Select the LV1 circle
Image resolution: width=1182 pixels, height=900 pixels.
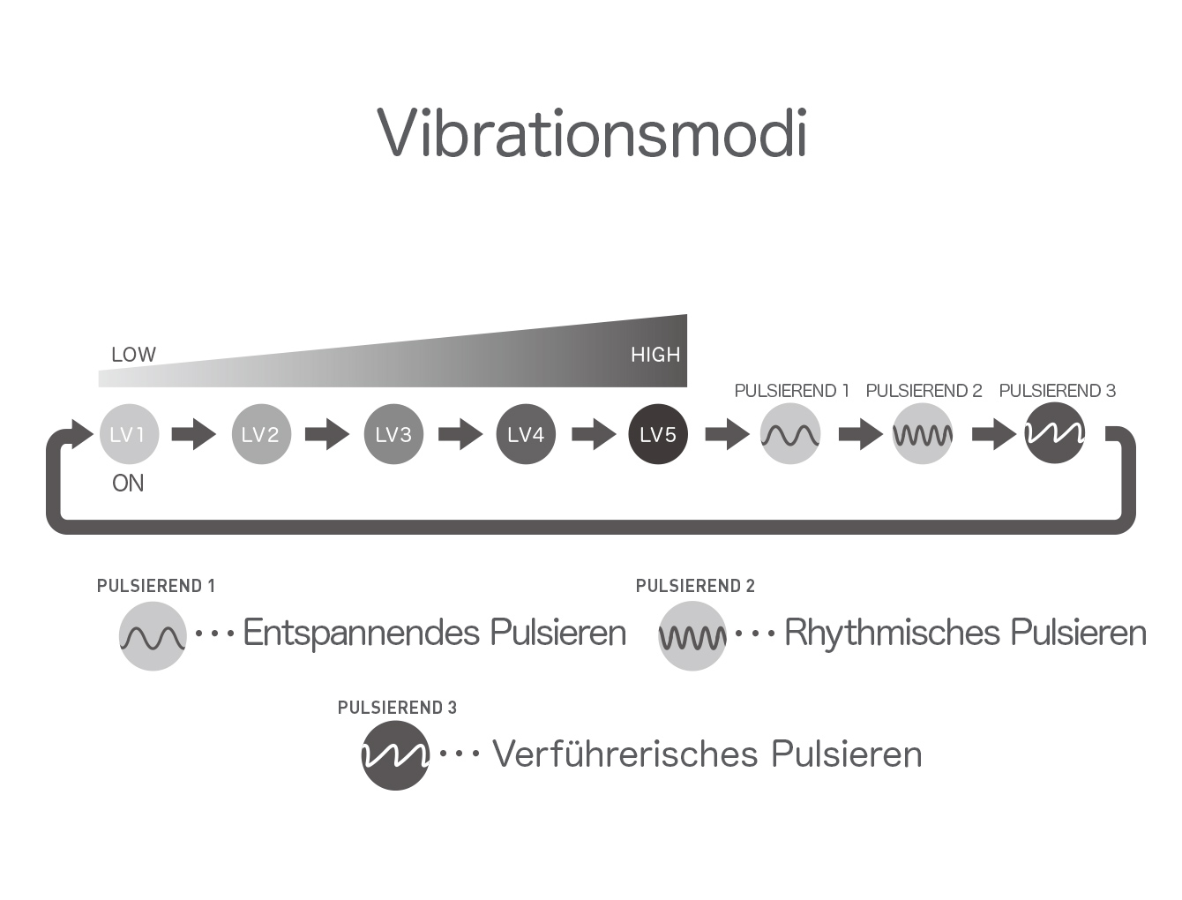(130, 434)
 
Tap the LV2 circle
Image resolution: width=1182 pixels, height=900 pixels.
(261, 434)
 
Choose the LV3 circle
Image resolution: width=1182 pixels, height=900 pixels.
(393, 434)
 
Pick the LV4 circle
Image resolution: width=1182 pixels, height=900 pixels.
(526, 434)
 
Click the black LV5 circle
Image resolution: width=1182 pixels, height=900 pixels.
(658, 434)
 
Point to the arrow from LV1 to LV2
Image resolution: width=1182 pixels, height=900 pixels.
(194, 434)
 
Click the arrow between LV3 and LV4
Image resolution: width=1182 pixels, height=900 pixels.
(460, 434)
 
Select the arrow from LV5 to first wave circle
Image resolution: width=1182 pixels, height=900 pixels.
(728, 434)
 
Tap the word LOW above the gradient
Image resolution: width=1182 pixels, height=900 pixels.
(133, 355)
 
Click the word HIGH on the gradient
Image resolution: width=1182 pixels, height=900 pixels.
(655, 355)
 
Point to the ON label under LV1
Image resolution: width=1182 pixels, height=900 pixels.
(128, 484)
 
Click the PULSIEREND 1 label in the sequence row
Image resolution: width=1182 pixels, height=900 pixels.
(791, 391)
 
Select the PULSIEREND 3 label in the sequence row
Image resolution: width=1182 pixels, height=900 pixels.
(1057, 391)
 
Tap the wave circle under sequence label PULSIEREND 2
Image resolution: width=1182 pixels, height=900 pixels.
(923, 434)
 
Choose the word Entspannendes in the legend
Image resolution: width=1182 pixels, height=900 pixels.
(362, 633)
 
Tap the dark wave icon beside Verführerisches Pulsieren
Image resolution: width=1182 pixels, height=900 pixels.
(395, 755)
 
